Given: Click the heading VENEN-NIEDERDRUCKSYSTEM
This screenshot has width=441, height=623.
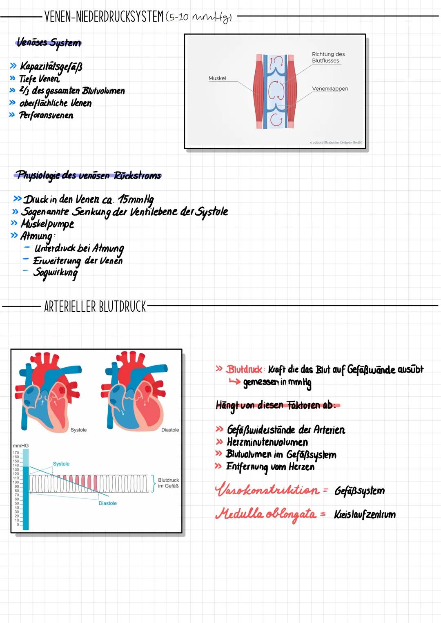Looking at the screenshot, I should point(104,17).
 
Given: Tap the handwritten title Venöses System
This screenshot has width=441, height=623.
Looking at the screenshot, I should point(49,42).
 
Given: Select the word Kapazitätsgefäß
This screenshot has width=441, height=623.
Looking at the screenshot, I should point(51,66).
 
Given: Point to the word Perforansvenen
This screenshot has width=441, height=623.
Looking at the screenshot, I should point(46,115).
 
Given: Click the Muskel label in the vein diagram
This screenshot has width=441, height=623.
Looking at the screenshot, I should point(217,78).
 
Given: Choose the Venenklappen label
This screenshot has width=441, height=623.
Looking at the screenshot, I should point(330,89).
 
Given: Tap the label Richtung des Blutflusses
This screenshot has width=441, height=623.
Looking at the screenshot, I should point(328,57).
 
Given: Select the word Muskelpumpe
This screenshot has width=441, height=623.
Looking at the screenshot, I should point(47,224).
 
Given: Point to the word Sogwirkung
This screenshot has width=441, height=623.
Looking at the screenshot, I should point(56,272).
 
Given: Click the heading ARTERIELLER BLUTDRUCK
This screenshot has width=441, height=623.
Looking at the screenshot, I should point(95,306).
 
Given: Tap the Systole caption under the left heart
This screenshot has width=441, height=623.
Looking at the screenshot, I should point(78,430).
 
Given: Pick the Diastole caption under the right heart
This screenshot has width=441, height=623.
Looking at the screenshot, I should point(170,430).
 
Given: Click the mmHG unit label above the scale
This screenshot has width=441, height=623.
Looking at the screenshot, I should point(20,445).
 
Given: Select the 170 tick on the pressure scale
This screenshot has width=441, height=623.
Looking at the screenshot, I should point(16,453).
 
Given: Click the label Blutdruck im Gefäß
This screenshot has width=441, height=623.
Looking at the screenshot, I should point(168,483).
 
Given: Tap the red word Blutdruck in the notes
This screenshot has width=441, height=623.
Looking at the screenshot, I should point(244,369).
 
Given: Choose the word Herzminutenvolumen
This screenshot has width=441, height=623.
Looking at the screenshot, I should point(267,442).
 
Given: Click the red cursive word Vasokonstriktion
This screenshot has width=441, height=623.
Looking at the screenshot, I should point(267,490).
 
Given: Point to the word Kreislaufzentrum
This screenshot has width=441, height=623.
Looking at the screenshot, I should point(365,514).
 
